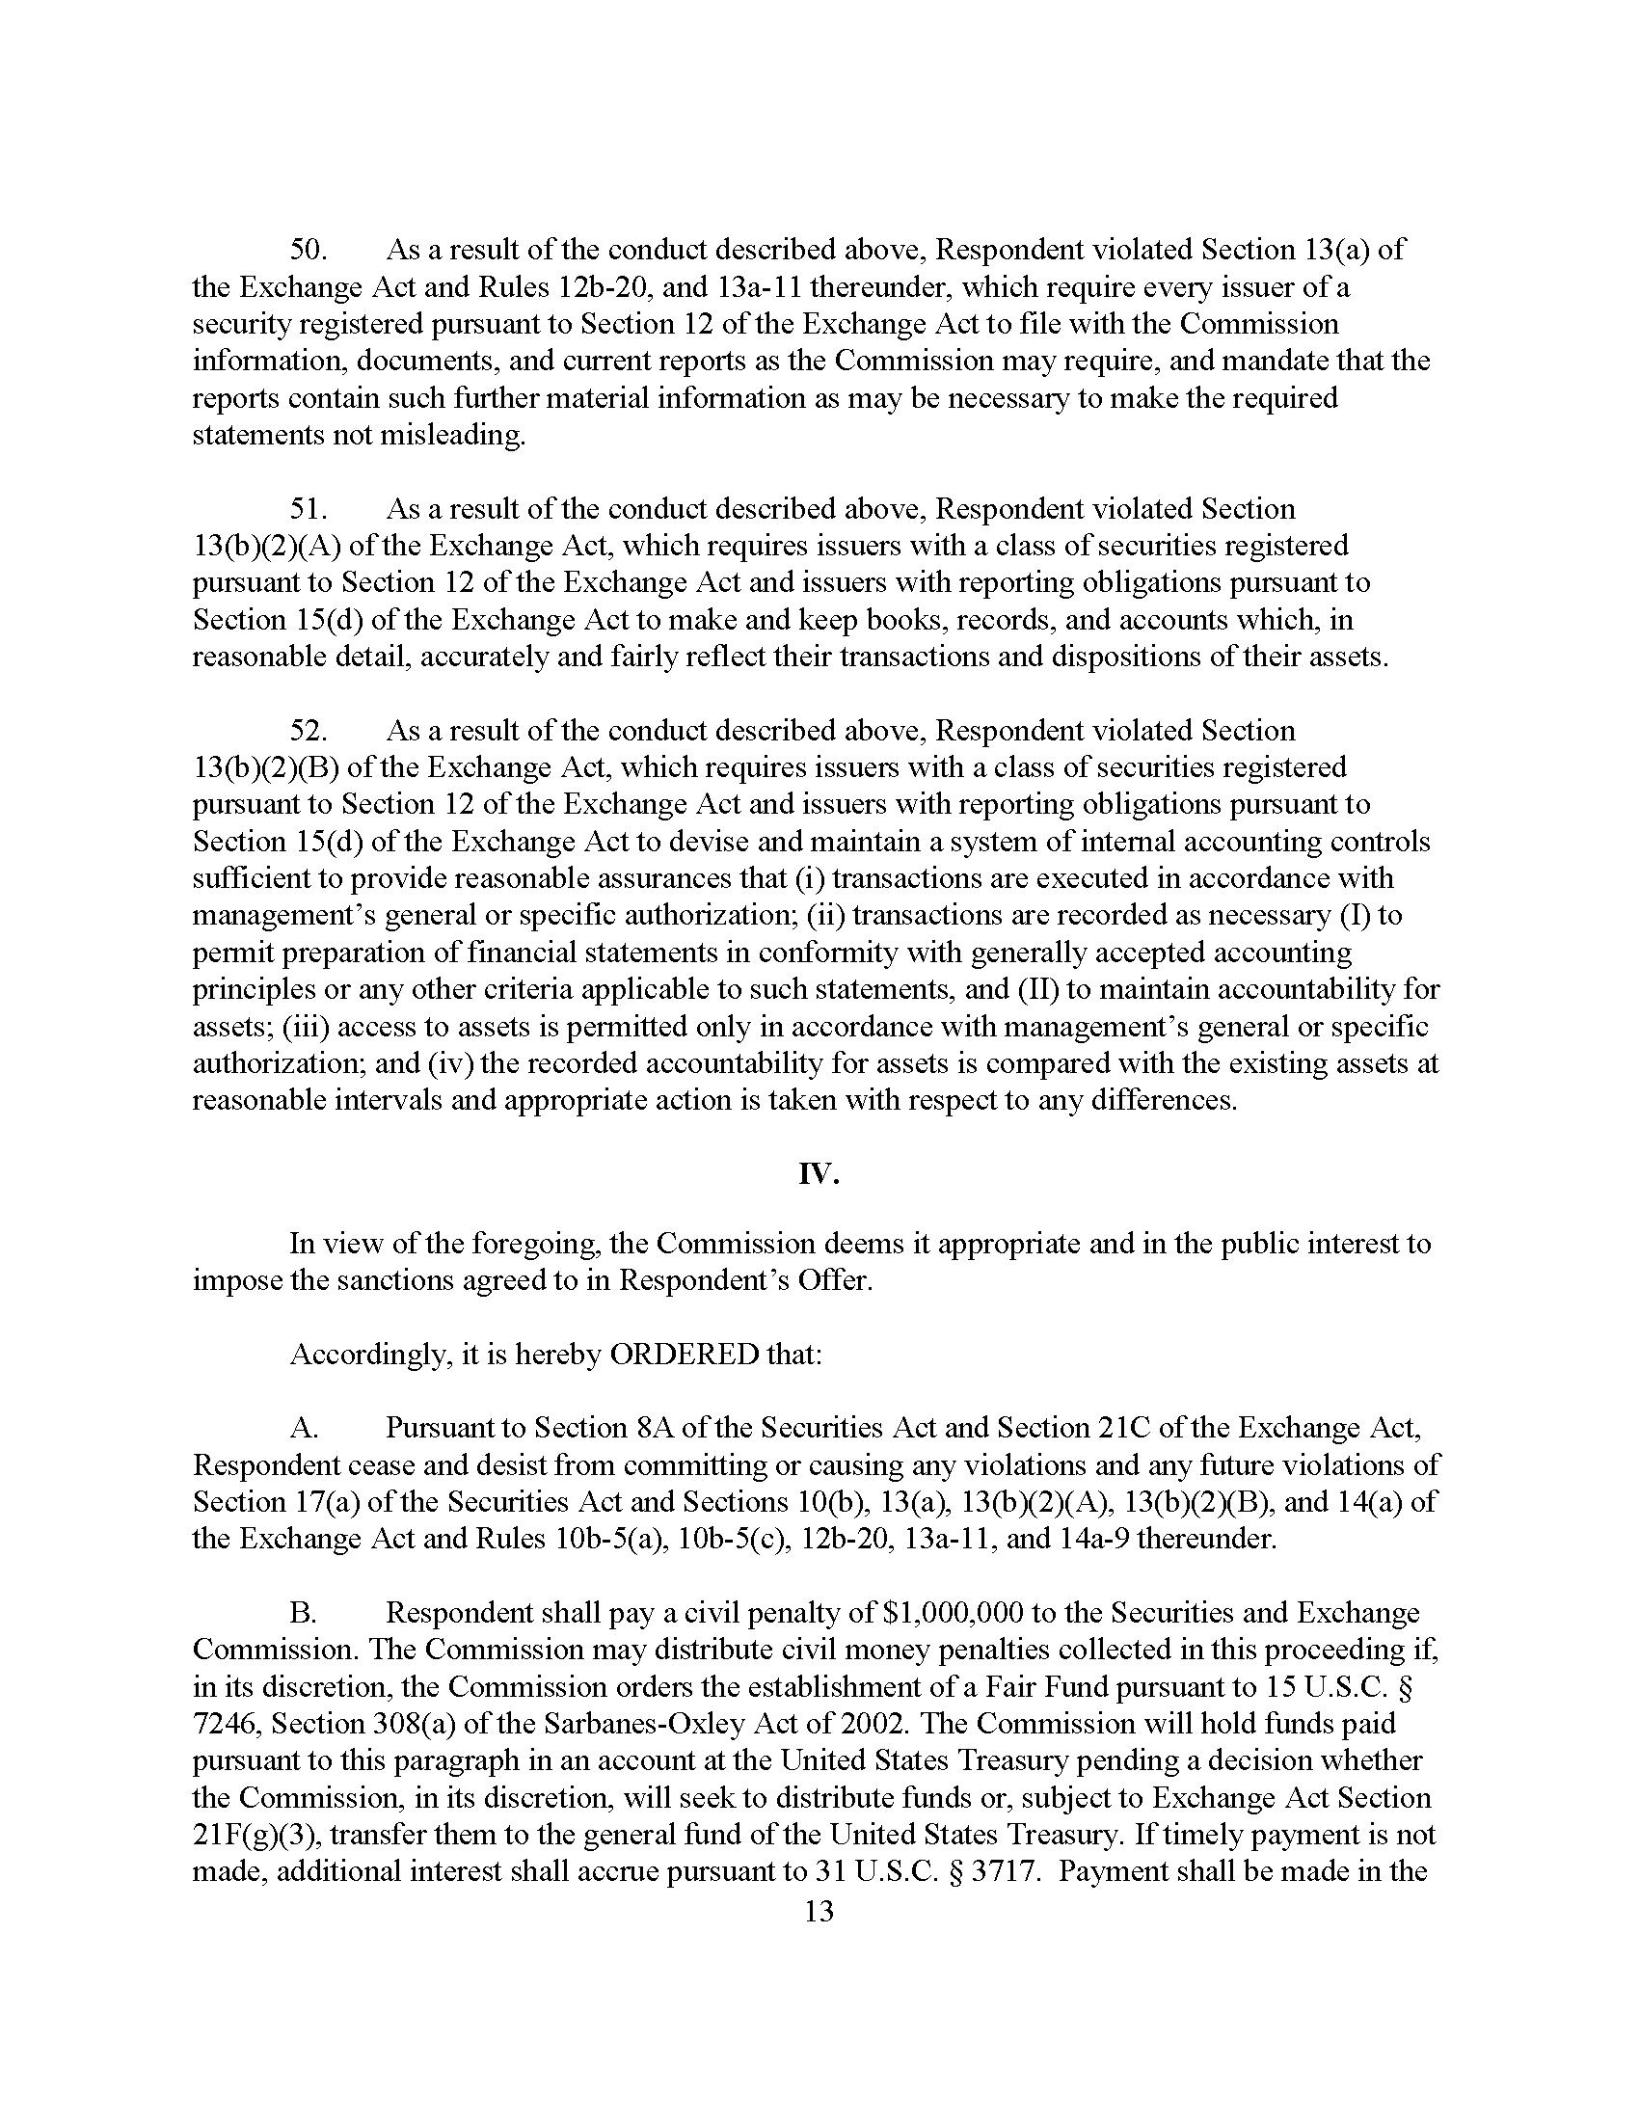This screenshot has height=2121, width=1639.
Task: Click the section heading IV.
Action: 819,1174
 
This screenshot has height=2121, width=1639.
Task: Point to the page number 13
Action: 819,1911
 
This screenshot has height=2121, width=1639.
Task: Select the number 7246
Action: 226,1723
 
